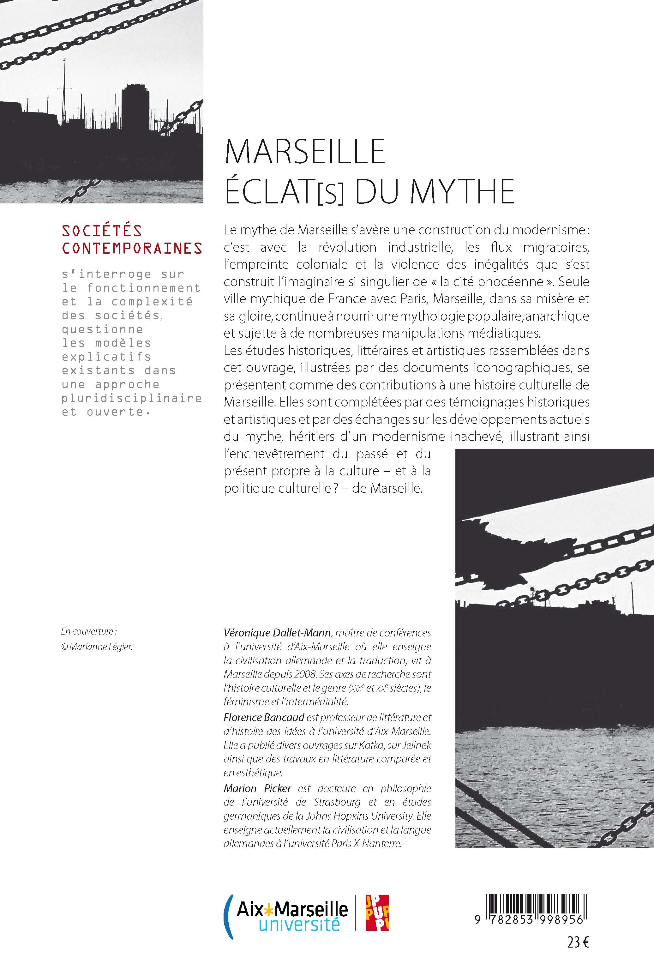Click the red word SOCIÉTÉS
[102, 231]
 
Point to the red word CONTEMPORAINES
[132, 248]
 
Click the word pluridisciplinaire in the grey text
[132, 398]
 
